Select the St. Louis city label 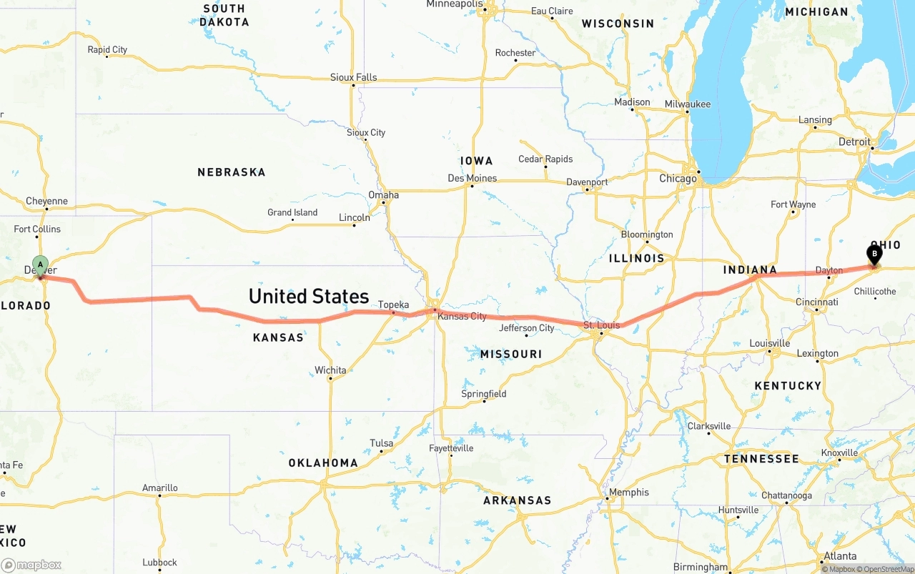(600, 325)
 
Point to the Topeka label (393, 305)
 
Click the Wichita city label (330, 370)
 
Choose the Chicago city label (678, 178)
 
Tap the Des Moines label (472, 178)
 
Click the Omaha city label (383, 195)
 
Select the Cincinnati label (816, 302)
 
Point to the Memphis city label (628, 492)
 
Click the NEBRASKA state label (231, 172)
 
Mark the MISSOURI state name (510, 355)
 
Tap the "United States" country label (309, 296)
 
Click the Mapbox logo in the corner (31, 565)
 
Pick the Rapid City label (107, 50)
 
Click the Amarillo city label (159, 488)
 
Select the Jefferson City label (526, 328)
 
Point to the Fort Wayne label (793, 204)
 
